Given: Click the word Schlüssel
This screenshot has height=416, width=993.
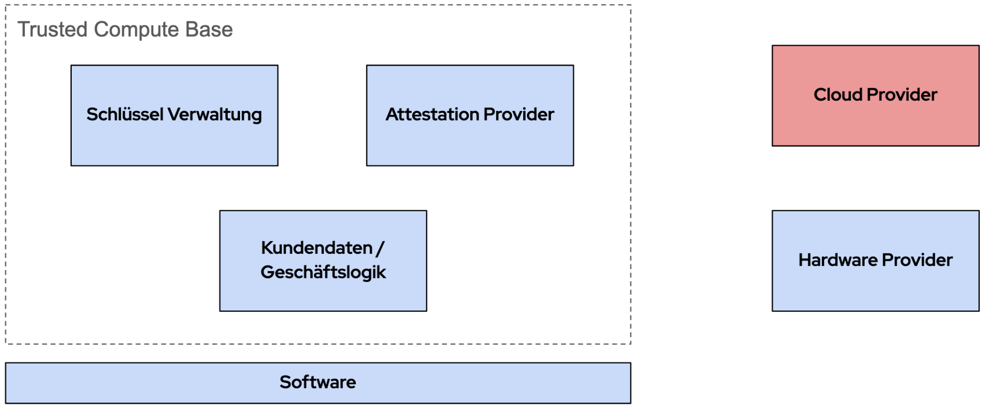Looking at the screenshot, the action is [125, 114].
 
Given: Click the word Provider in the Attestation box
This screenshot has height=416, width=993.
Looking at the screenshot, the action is [519, 114].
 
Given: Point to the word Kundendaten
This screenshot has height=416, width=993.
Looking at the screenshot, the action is [317, 248].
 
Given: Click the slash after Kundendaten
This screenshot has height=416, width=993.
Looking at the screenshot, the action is [380, 248].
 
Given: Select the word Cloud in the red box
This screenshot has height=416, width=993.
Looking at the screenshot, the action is [837, 94].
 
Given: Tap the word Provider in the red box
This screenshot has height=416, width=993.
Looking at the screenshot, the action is [902, 94].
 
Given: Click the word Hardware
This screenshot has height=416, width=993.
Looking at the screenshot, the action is [838, 260].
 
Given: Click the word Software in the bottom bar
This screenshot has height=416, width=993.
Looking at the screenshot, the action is [318, 382].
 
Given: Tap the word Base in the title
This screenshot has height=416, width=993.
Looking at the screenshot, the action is [209, 30].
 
